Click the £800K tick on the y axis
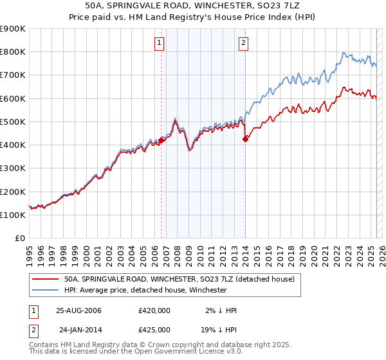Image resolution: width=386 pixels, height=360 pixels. click(x=13, y=52)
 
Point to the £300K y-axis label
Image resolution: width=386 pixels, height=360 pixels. click(x=13, y=168)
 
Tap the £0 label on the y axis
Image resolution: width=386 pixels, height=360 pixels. click(x=19, y=239)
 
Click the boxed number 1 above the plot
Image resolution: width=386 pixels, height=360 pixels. click(x=159, y=43)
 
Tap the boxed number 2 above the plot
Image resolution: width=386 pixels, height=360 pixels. click(x=244, y=43)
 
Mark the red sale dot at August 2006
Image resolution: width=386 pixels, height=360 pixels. click(x=161, y=140)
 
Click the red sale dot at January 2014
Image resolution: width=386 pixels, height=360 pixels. click(x=245, y=139)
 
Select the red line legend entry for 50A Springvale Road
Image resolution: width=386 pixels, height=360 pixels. click(x=179, y=279)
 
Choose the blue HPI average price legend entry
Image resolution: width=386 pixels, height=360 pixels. click(x=145, y=290)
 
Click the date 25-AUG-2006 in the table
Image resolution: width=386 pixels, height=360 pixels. click(x=78, y=310)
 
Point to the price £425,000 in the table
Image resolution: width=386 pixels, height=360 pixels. click(x=154, y=328)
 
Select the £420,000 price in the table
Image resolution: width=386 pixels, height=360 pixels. click(x=154, y=310)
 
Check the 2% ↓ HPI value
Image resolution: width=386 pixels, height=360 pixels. click(x=221, y=310)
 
